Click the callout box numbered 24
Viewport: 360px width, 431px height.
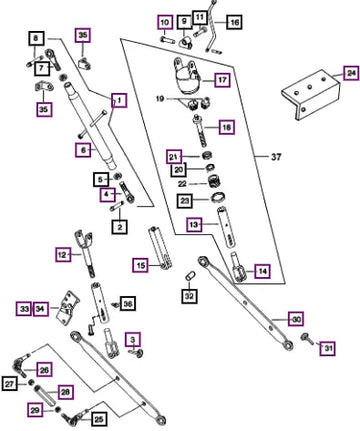(351, 73)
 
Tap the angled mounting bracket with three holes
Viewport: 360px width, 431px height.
(310, 95)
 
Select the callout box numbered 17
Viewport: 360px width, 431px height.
(222, 80)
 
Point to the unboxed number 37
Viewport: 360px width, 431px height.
(276, 156)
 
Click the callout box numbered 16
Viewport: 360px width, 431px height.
(234, 22)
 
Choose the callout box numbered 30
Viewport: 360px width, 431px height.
(296, 319)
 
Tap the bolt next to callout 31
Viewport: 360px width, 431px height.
(308, 339)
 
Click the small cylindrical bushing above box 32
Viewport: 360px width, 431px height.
(190, 276)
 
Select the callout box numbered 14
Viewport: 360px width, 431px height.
(262, 271)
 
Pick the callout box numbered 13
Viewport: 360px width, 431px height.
(194, 224)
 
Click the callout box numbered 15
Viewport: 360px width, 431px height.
(140, 265)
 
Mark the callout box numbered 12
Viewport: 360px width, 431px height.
(63, 255)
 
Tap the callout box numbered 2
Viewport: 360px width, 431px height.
(120, 227)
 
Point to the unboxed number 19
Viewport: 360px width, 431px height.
(160, 99)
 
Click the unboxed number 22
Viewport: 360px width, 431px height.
(182, 184)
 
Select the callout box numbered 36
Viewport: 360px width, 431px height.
(128, 304)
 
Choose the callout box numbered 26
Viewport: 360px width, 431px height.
(44, 369)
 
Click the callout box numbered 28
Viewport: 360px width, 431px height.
(65, 392)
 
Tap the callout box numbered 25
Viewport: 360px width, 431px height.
(99, 419)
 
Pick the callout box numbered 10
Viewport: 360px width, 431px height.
(165, 23)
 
